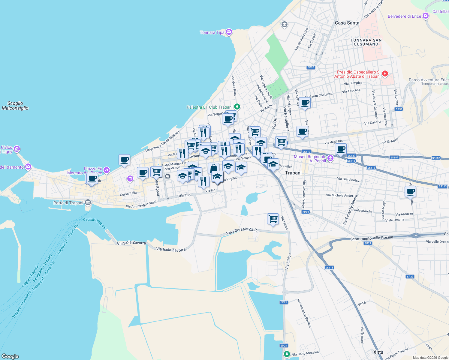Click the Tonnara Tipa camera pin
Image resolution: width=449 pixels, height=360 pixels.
point(229,32)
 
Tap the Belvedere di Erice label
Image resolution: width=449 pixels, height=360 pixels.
point(404,16)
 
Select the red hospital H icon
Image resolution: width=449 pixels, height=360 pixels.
point(385,73)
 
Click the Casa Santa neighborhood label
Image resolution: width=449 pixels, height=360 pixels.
point(347,23)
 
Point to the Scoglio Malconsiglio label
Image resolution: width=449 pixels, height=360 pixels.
point(15,106)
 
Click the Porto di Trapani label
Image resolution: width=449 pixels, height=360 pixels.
point(68,203)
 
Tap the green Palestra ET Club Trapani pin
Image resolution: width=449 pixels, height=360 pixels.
point(237,106)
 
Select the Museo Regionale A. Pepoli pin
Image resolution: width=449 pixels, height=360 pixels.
point(330,158)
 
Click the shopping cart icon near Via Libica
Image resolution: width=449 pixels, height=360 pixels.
point(273,219)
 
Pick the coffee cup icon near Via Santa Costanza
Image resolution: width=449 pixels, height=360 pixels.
point(305,103)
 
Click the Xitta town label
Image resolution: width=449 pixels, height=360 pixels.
point(378,352)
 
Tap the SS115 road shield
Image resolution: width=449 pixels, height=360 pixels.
point(329,268)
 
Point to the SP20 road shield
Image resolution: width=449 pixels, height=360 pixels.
point(311,67)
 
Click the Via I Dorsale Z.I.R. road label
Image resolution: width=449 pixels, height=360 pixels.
point(242,231)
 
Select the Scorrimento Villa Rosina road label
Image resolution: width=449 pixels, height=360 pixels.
point(372,238)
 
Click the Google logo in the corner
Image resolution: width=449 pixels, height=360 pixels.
point(10,356)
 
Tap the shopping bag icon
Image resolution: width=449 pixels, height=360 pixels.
point(213,169)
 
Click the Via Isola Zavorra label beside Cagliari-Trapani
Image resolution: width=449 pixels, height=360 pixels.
point(131,243)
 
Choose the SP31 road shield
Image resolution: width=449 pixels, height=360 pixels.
point(399,109)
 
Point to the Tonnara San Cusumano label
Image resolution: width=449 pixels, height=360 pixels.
point(366,42)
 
